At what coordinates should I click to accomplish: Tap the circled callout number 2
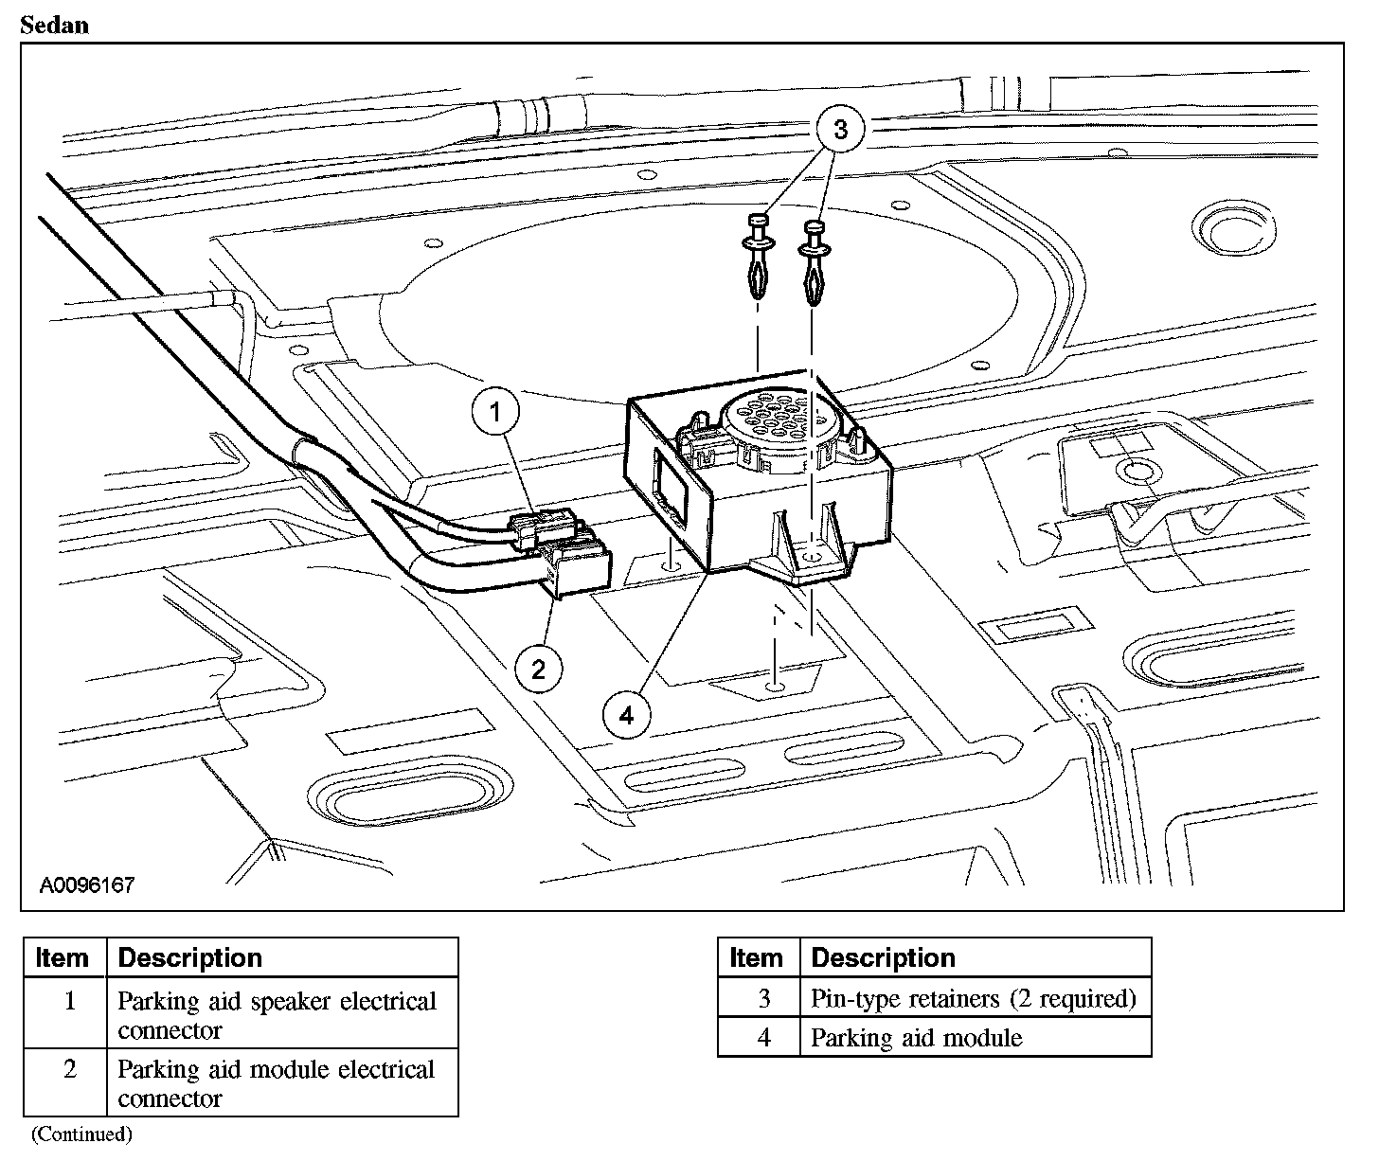pyautogui.click(x=538, y=670)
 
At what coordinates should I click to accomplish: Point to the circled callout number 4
pyautogui.click(x=626, y=715)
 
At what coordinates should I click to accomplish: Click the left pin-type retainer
pyautogui.click(x=758, y=255)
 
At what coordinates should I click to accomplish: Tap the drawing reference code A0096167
pyautogui.click(x=87, y=885)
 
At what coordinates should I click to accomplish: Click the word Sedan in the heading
pyautogui.click(x=54, y=25)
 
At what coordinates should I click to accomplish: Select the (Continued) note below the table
pyautogui.click(x=81, y=1134)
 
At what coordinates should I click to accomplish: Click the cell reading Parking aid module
pyautogui.click(x=916, y=1038)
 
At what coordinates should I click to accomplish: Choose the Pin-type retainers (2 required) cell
pyautogui.click(x=973, y=998)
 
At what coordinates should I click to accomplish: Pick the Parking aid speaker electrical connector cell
pyautogui.click(x=277, y=1015)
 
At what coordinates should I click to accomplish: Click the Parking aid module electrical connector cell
pyautogui.click(x=276, y=1083)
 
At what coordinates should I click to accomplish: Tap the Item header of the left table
pyautogui.click(x=63, y=957)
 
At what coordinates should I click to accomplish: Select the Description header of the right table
pyautogui.click(x=883, y=957)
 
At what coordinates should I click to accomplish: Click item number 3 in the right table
pyautogui.click(x=763, y=998)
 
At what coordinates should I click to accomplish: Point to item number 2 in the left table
pyautogui.click(x=69, y=1070)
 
